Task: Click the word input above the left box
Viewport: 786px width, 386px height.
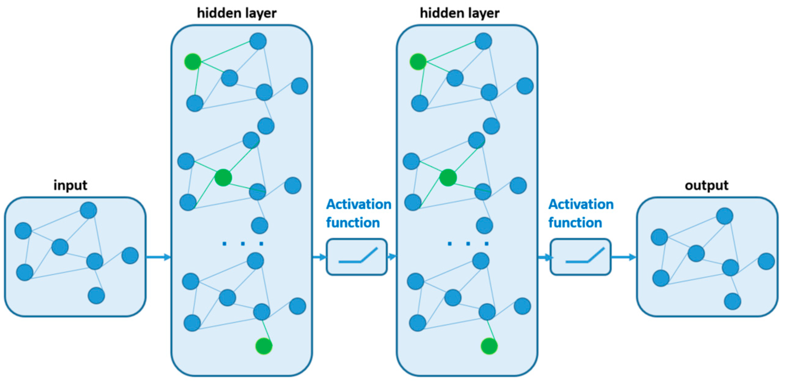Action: (x=70, y=185)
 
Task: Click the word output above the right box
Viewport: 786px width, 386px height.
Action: (x=706, y=185)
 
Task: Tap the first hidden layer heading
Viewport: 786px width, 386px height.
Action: (x=237, y=13)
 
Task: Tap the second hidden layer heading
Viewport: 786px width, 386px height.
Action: (x=459, y=13)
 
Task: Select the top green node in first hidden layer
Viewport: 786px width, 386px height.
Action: (x=192, y=61)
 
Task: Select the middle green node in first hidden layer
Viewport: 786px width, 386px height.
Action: (x=223, y=178)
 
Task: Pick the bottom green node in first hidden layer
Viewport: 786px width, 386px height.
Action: (x=264, y=346)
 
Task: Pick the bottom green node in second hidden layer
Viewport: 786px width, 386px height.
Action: (x=489, y=346)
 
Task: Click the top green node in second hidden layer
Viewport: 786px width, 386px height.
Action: (x=418, y=61)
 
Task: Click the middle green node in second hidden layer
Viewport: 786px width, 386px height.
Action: (x=448, y=178)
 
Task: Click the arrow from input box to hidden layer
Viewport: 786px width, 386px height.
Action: (x=158, y=257)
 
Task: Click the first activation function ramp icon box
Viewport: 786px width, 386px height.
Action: (x=356, y=257)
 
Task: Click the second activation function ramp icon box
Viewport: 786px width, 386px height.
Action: (x=580, y=257)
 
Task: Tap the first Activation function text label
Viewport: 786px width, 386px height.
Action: (x=358, y=213)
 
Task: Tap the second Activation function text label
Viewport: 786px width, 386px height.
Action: (x=580, y=213)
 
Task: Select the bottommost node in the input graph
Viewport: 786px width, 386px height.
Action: (x=96, y=295)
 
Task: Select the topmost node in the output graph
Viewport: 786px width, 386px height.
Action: (x=725, y=216)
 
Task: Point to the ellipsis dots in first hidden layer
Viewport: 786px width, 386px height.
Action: (x=242, y=244)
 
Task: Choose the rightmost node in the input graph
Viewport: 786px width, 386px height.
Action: (x=130, y=255)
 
